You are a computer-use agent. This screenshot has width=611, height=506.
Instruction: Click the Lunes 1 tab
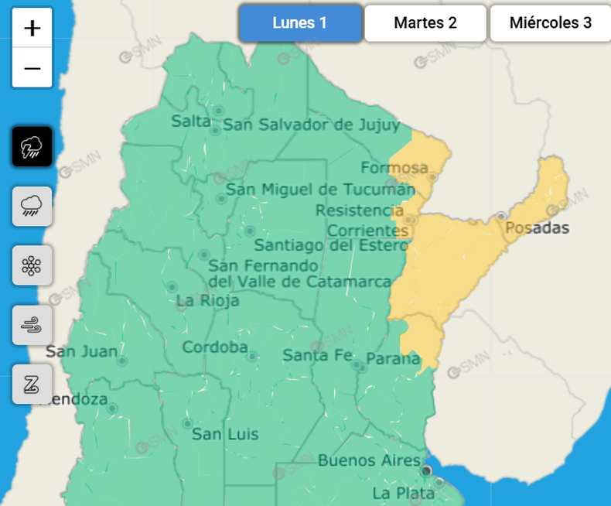(x=299, y=23)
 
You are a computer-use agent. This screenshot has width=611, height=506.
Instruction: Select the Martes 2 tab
(x=425, y=23)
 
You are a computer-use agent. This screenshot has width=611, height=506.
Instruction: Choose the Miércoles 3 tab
(x=550, y=23)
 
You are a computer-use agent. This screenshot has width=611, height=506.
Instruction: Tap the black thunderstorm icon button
(x=32, y=146)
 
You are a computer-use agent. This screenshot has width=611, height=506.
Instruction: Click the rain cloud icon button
(x=32, y=206)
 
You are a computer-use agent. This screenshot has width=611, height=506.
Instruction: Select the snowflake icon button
(x=32, y=265)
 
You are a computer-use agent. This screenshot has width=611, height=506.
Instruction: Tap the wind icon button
(x=32, y=325)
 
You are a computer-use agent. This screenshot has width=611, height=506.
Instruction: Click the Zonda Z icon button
(x=32, y=385)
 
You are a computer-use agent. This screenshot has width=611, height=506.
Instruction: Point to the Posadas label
(x=537, y=228)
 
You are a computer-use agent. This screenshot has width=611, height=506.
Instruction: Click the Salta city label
(x=191, y=121)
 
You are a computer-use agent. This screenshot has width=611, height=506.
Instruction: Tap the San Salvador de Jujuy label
(x=311, y=125)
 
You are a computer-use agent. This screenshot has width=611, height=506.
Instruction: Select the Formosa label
(x=394, y=168)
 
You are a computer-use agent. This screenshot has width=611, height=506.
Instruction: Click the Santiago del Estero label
(x=330, y=246)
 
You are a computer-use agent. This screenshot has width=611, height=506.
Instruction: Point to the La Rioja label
(x=208, y=300)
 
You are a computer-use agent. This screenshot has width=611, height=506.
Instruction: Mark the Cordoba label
(x=215, y=347)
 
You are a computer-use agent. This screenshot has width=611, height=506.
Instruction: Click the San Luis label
(x=225, y=434)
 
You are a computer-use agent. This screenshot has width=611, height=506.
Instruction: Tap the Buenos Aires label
(x=370, y=461)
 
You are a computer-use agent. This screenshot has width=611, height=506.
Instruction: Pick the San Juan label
(x=81, y=352)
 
